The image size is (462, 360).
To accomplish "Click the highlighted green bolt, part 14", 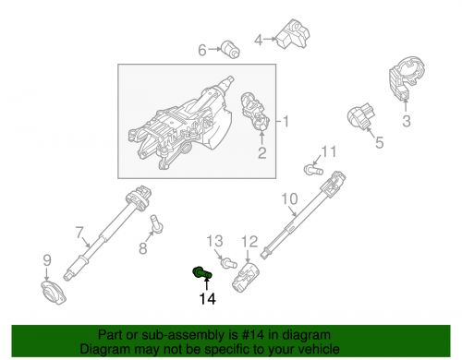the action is [201, 273].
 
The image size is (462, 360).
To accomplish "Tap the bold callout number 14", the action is [208, 299].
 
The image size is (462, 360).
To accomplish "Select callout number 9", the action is [47, 260].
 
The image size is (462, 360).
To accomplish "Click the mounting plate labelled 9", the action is [54, 293].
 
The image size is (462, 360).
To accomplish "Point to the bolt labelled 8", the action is [156, 223].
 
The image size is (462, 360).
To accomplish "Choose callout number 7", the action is [79, 233].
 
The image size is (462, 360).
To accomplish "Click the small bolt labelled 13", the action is [229, 263].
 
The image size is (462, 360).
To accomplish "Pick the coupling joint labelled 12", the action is [246, 277].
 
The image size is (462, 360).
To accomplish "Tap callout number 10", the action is [289, 198].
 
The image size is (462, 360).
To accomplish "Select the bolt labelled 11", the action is [313, 170].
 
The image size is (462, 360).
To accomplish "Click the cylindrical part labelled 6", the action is [231, 49].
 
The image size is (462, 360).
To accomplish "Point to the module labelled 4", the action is [292, 34].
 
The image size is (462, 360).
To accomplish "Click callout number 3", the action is [407, 121].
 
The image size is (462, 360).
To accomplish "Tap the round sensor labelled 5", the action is [360, 116].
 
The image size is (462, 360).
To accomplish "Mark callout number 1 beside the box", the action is [286, 121].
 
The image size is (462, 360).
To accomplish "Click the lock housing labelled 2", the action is [254, 112].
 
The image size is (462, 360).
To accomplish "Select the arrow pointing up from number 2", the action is [261, 138].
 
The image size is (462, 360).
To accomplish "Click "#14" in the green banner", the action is [253, 335].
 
